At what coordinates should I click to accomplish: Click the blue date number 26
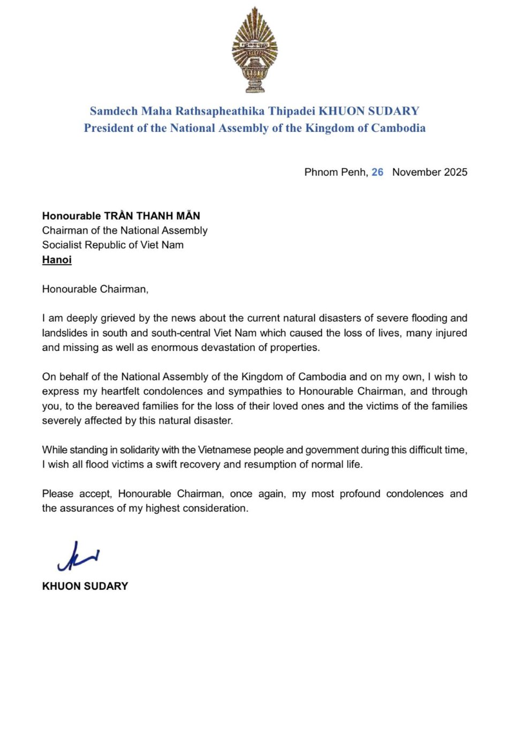click(377, 172)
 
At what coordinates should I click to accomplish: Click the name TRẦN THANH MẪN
click(152, 216)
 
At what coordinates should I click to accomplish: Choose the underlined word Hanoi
click(57, 260)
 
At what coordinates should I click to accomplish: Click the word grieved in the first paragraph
click(118, 318)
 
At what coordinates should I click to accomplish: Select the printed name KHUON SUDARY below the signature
click(85, 587)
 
